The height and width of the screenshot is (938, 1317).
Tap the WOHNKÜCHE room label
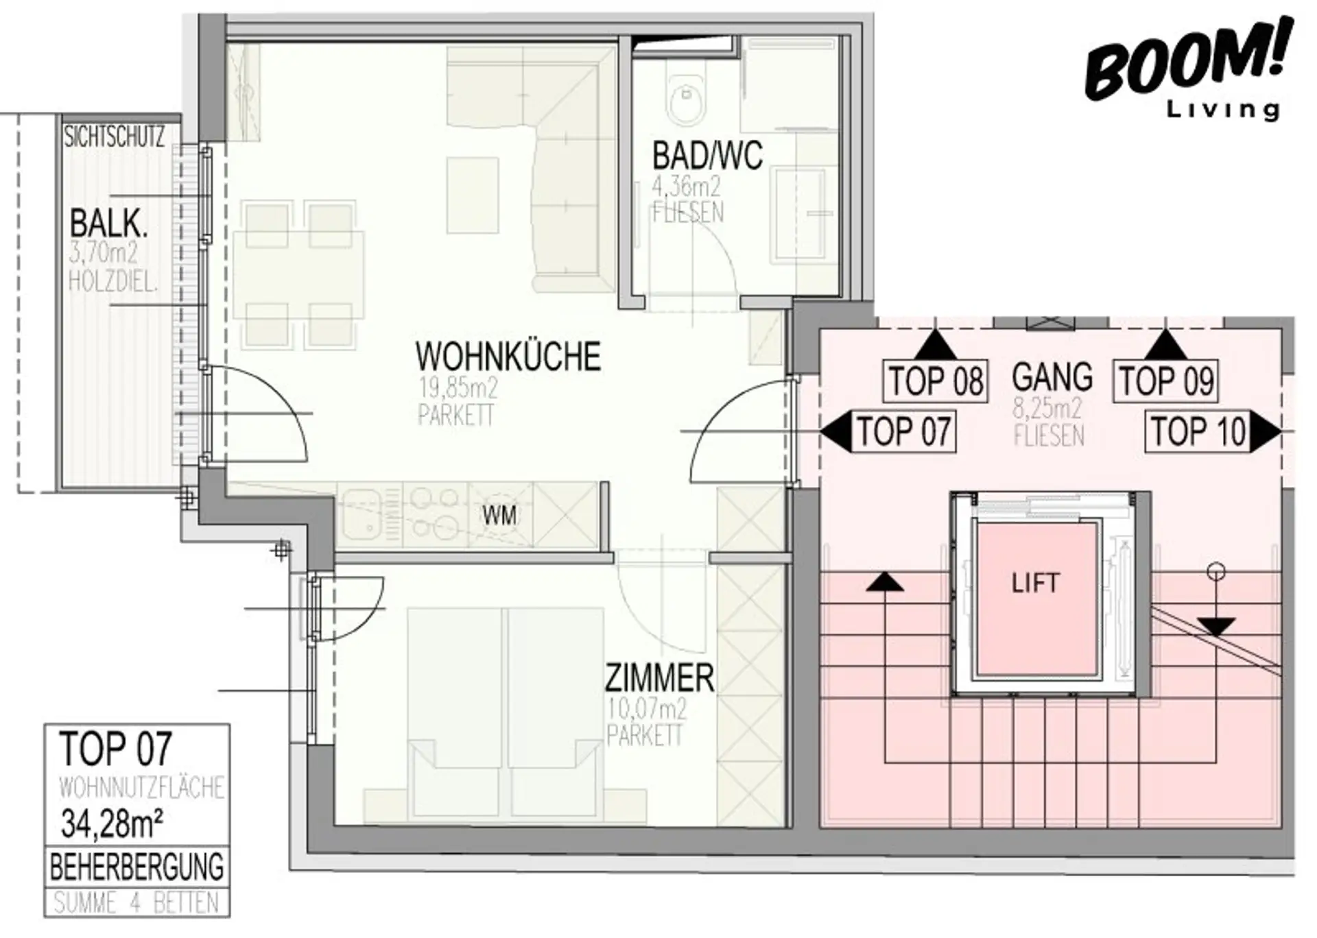coord(508,357)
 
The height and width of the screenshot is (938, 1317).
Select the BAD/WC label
coord(707,156)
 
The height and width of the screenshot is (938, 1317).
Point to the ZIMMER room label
coord(659,678)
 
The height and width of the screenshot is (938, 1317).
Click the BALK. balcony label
coord(108,224)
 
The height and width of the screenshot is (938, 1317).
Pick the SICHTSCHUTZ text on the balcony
coord(115,137)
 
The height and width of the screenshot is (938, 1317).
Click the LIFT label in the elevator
coord(1035,584)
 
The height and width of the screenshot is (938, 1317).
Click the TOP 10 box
coord(1198,431)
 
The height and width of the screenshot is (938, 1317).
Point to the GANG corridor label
coord(1052,377)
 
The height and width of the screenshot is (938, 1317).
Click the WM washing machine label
coord(499,516)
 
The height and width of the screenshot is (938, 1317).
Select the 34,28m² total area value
coord(112,823)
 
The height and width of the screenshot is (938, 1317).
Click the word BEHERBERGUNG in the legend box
coord(137,867)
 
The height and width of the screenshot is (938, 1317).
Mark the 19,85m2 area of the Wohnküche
coord(458,389)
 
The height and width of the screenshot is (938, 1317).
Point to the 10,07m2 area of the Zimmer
coord(647,708)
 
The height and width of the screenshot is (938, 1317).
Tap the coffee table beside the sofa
coord(473,195)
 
